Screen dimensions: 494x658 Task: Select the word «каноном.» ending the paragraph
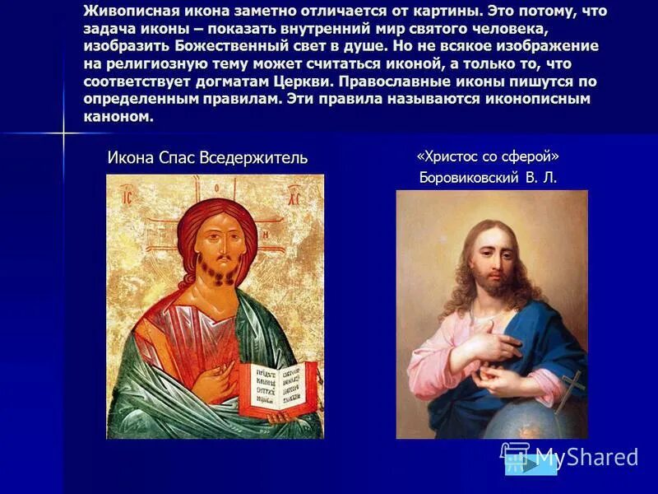[x=118, y=116]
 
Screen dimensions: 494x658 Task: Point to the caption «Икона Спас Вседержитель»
[x=207, y=157]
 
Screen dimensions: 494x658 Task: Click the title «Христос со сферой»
[x=489, y=156]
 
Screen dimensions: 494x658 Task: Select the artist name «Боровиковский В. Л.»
[x=489, y=177]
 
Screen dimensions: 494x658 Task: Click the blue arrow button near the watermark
[x=531, y=464]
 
